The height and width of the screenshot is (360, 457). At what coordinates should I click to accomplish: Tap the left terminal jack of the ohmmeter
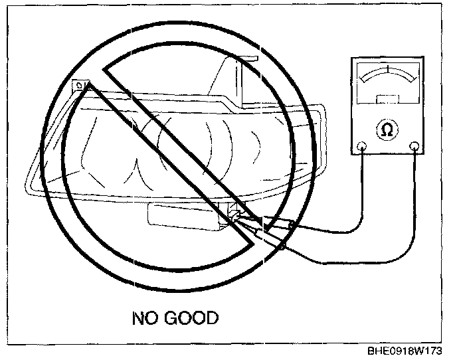[361, 146]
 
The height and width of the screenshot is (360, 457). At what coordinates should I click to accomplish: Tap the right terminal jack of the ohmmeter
[414, 146]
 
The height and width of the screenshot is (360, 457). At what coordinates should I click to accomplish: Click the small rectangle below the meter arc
[387, 100]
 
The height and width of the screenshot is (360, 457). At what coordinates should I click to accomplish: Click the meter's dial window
[387, 83]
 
